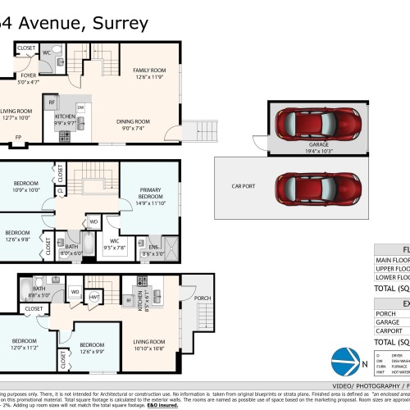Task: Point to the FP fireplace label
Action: pos(18,137)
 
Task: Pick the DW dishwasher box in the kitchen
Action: pos(80,107)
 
